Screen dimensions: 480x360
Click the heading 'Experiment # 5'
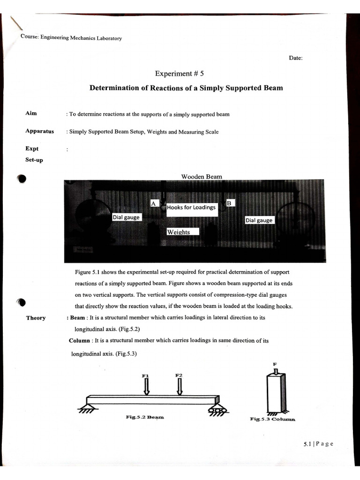point(180,74)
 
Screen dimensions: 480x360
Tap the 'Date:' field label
point(296,58)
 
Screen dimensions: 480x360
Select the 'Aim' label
point(31,114)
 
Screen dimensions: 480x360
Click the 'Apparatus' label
point(40,131)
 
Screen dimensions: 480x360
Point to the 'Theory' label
point(36,318)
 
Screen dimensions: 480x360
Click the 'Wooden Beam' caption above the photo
point(202,177)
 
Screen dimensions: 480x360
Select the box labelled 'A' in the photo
point(153,203)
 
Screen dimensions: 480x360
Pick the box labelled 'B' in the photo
point(230,203)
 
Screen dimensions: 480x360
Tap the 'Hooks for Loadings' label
point(191,207)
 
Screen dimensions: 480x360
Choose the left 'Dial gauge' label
point(126,217)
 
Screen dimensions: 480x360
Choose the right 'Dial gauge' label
point(259,220)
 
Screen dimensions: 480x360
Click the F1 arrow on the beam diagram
point(146,386)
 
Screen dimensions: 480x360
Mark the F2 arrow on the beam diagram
point(179,386)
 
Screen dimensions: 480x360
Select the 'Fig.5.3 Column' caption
point(272,419)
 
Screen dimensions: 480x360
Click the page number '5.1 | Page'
point(318,444)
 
